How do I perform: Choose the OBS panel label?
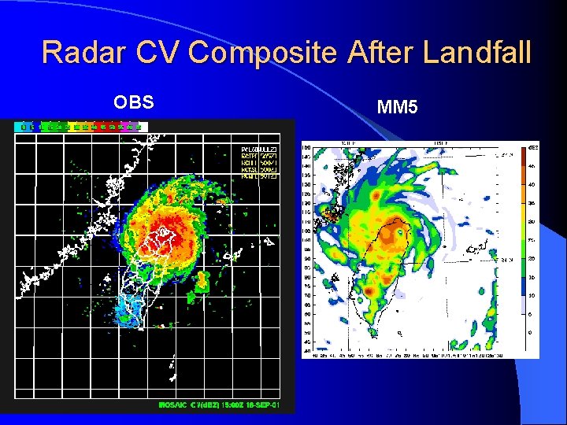point(134,102)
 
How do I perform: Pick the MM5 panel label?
point(398,106)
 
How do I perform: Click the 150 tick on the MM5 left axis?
point(306,147)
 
